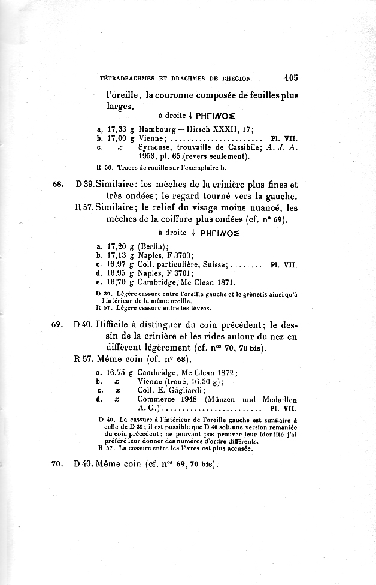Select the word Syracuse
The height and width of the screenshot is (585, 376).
[x=156, y=147]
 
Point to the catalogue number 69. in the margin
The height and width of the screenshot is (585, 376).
[x=58, y=325]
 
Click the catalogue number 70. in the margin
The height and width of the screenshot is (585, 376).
[x=58, y=464]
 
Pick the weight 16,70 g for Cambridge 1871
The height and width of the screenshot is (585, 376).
[x=114, y=283]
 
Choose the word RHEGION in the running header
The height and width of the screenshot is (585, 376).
[x=231, y=77]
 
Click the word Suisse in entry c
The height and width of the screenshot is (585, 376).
[x=212, y=264]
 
